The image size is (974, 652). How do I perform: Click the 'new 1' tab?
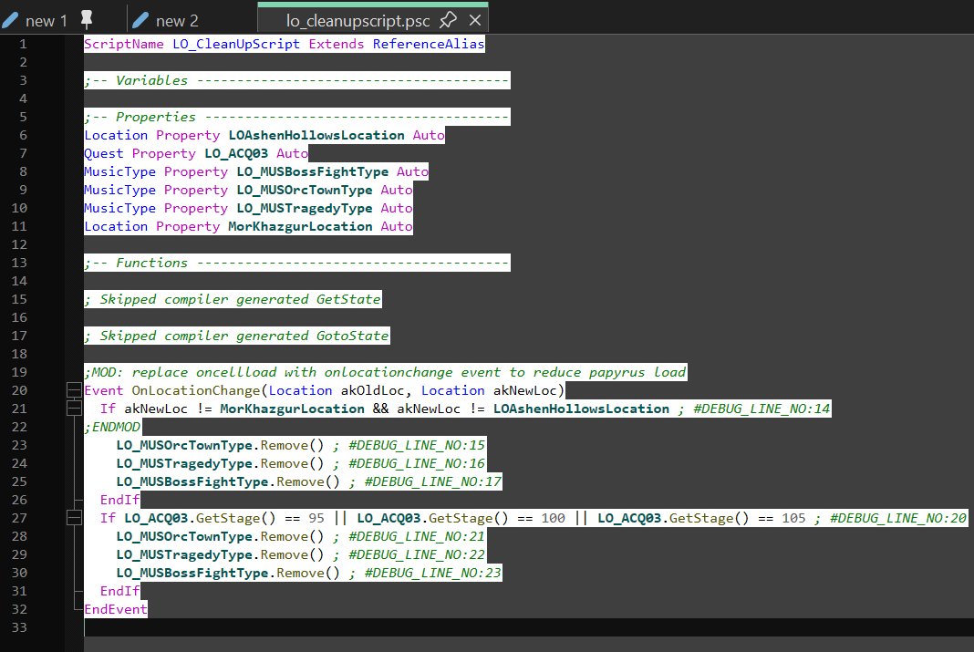[47, 20]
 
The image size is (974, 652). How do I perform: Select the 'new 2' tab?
[176, 20]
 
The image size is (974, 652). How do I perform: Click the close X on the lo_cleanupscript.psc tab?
[475, 20]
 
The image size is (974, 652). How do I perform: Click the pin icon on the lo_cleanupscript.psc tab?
[448, 20]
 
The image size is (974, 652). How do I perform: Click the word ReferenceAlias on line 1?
[428, 44]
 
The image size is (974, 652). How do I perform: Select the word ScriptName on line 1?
[124, 44]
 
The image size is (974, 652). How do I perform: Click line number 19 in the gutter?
[19, 372]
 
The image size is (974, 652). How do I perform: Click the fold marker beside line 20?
[74, 390]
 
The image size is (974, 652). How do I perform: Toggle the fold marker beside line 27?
[74, 518]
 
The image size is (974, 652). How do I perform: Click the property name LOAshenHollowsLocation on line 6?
[316, 135]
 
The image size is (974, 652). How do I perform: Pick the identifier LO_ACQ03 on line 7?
[236, 153]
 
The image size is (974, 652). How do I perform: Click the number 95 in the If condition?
[316, 518]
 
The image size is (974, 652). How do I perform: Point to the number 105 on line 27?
[793, 518]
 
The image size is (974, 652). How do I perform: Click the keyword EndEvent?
[116, 609]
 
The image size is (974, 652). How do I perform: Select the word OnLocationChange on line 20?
[196, 390]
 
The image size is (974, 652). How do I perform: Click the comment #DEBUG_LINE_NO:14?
[762, 409]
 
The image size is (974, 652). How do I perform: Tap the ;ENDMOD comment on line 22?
[112, 427]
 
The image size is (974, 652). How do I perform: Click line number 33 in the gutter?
[19, 627]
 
